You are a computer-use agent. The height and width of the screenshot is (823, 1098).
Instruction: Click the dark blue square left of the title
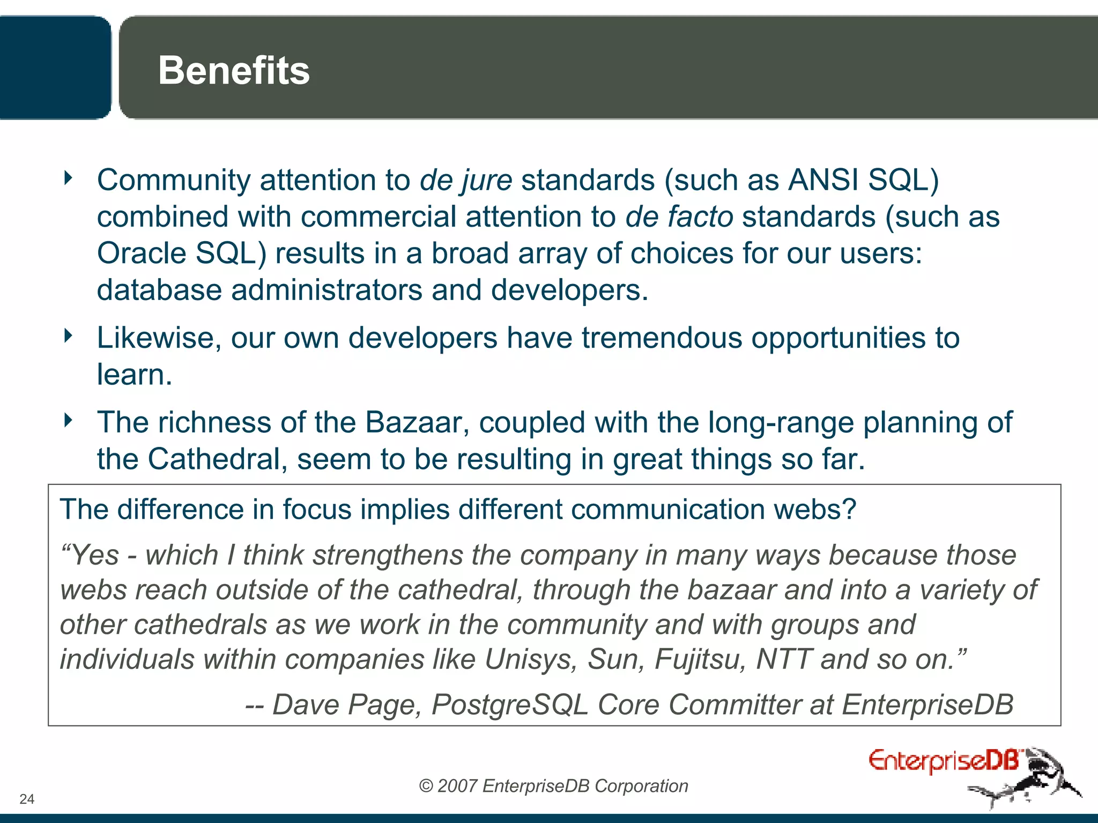[x=54, y=67]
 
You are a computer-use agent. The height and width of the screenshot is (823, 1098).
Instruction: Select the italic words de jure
[x=465, y=180]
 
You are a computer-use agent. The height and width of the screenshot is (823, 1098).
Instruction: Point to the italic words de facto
[x=679, y=217]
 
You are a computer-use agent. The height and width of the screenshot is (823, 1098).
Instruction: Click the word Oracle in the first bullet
[x=141, y=253]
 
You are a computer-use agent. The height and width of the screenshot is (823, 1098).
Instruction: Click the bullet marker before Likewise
[x=68, y=336]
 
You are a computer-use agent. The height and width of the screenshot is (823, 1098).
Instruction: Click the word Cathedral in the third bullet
[x=214, y=459]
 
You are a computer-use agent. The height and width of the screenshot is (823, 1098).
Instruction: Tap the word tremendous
[x=662, y=338]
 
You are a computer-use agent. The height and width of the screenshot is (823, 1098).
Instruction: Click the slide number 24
[x=27, y=799]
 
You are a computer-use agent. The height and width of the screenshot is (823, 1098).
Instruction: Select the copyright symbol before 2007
[x=426, y=786]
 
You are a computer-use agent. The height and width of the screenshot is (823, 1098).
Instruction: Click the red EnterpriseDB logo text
[x=944, y=761]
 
